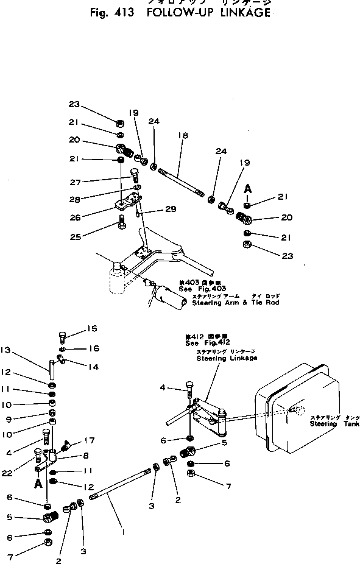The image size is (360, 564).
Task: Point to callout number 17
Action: click(91, 441)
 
